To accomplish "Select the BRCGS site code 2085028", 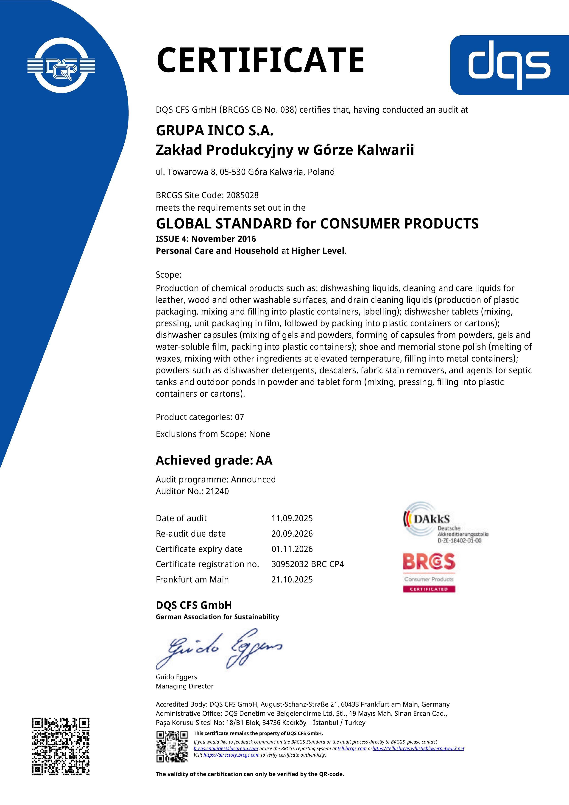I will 242,195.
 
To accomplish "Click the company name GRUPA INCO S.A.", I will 215,131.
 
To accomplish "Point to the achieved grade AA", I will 264,460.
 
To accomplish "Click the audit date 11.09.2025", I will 292,518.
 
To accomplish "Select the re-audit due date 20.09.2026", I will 292,534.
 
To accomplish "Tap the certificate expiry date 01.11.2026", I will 292,549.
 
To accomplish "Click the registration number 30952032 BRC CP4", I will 307,564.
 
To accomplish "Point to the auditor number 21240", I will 217,491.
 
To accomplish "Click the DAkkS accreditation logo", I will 445,523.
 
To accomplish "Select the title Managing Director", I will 184,686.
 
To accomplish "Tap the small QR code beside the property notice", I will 172,747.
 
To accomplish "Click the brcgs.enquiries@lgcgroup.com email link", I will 226,749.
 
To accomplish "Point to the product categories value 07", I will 240,417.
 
